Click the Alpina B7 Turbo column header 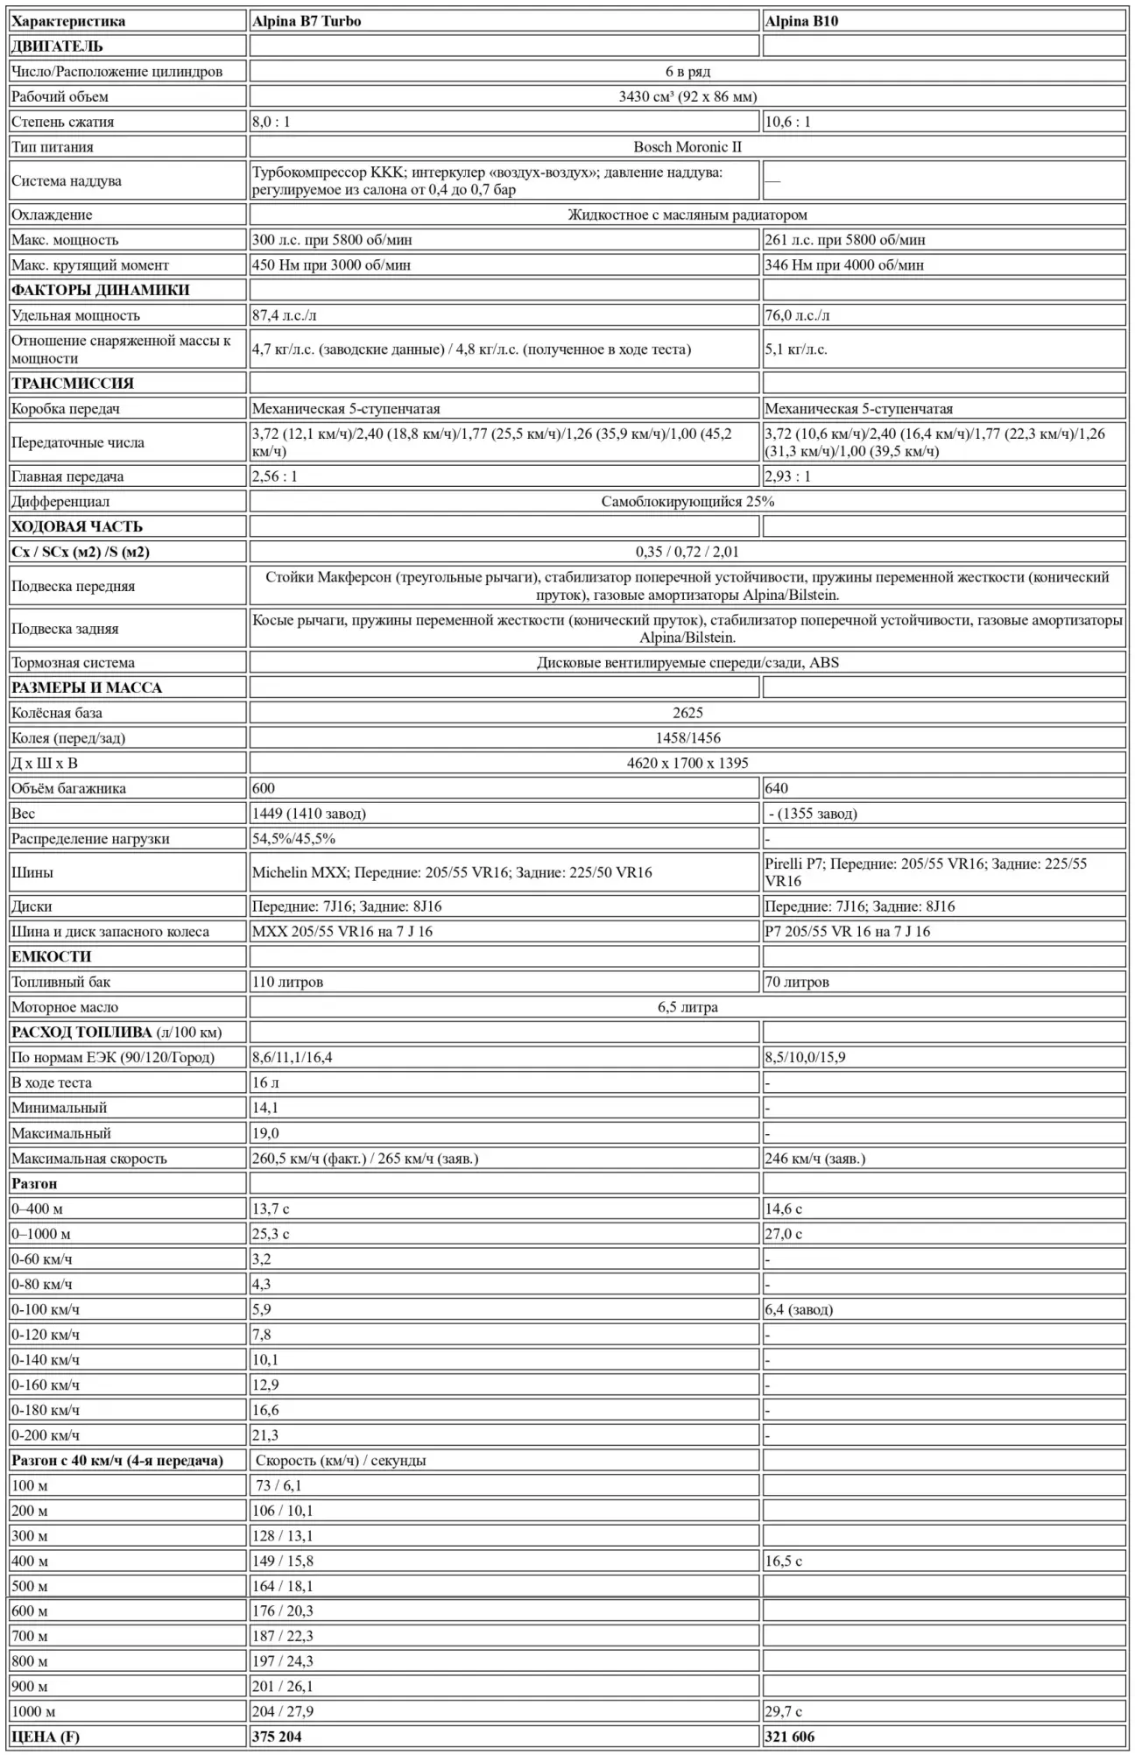coord(307,21)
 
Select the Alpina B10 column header coord(801,21)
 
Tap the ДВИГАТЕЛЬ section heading coord(57,46)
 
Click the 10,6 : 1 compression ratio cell coord(788,122)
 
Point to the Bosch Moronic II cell coord(687,147)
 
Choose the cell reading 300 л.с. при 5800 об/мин coord(332,240)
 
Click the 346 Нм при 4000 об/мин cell coord(844,265)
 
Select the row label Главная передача coord(67,476)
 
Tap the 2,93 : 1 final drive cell coord(788,476)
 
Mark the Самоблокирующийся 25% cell coord(687,502)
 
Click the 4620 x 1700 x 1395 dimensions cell coord(687,763)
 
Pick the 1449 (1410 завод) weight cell coord(309,814)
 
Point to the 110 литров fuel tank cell coord(288,982)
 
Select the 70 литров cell coord(797,982)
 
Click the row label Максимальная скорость coord(89,1159)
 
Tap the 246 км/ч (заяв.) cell coord(815,1159)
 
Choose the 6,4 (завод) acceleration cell coord(799,1309)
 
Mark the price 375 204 coord(277,1737)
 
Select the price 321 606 coord(790,1737)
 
